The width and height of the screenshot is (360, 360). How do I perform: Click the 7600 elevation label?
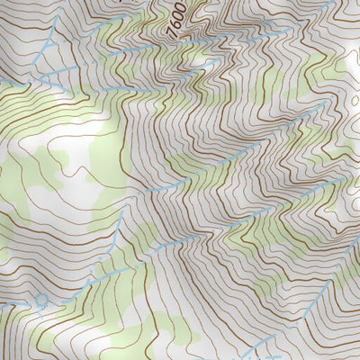point(177,16)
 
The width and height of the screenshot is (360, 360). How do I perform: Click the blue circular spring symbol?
point(40,298)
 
